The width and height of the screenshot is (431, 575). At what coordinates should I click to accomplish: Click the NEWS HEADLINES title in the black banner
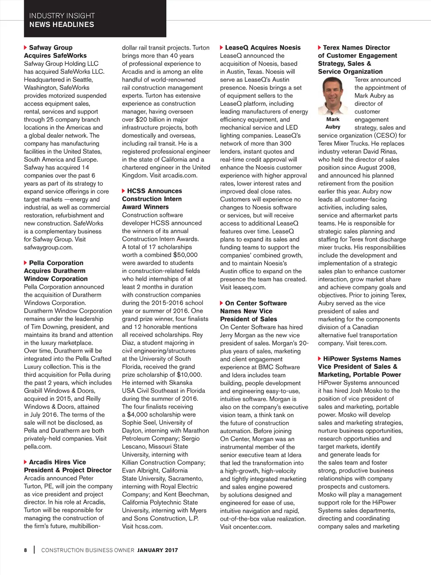point(61,24)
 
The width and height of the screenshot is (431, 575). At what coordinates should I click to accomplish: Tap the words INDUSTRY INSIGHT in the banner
point(62,16)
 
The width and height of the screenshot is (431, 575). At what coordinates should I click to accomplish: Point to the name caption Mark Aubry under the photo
point(333,123)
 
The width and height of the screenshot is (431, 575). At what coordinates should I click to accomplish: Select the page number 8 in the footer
point(26,550)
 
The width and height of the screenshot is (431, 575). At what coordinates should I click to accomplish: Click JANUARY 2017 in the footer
point(157,550)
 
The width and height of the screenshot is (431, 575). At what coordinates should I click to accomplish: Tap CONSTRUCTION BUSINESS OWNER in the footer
point(88,550)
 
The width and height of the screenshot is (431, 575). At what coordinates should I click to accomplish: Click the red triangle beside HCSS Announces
point(123,191)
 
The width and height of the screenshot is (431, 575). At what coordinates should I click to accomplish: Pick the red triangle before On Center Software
point(221,303)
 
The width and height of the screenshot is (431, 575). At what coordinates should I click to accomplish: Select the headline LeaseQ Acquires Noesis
point(263,48)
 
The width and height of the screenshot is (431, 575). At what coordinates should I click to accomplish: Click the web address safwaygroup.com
point(48,247)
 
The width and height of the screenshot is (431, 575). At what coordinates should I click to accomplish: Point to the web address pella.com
point(37,447)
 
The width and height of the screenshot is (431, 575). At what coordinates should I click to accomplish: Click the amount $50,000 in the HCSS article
point(185,255)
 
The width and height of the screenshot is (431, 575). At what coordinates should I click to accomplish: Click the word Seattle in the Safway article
point(82,80)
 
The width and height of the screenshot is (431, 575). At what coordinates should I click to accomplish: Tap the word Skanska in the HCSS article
point(180,383)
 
